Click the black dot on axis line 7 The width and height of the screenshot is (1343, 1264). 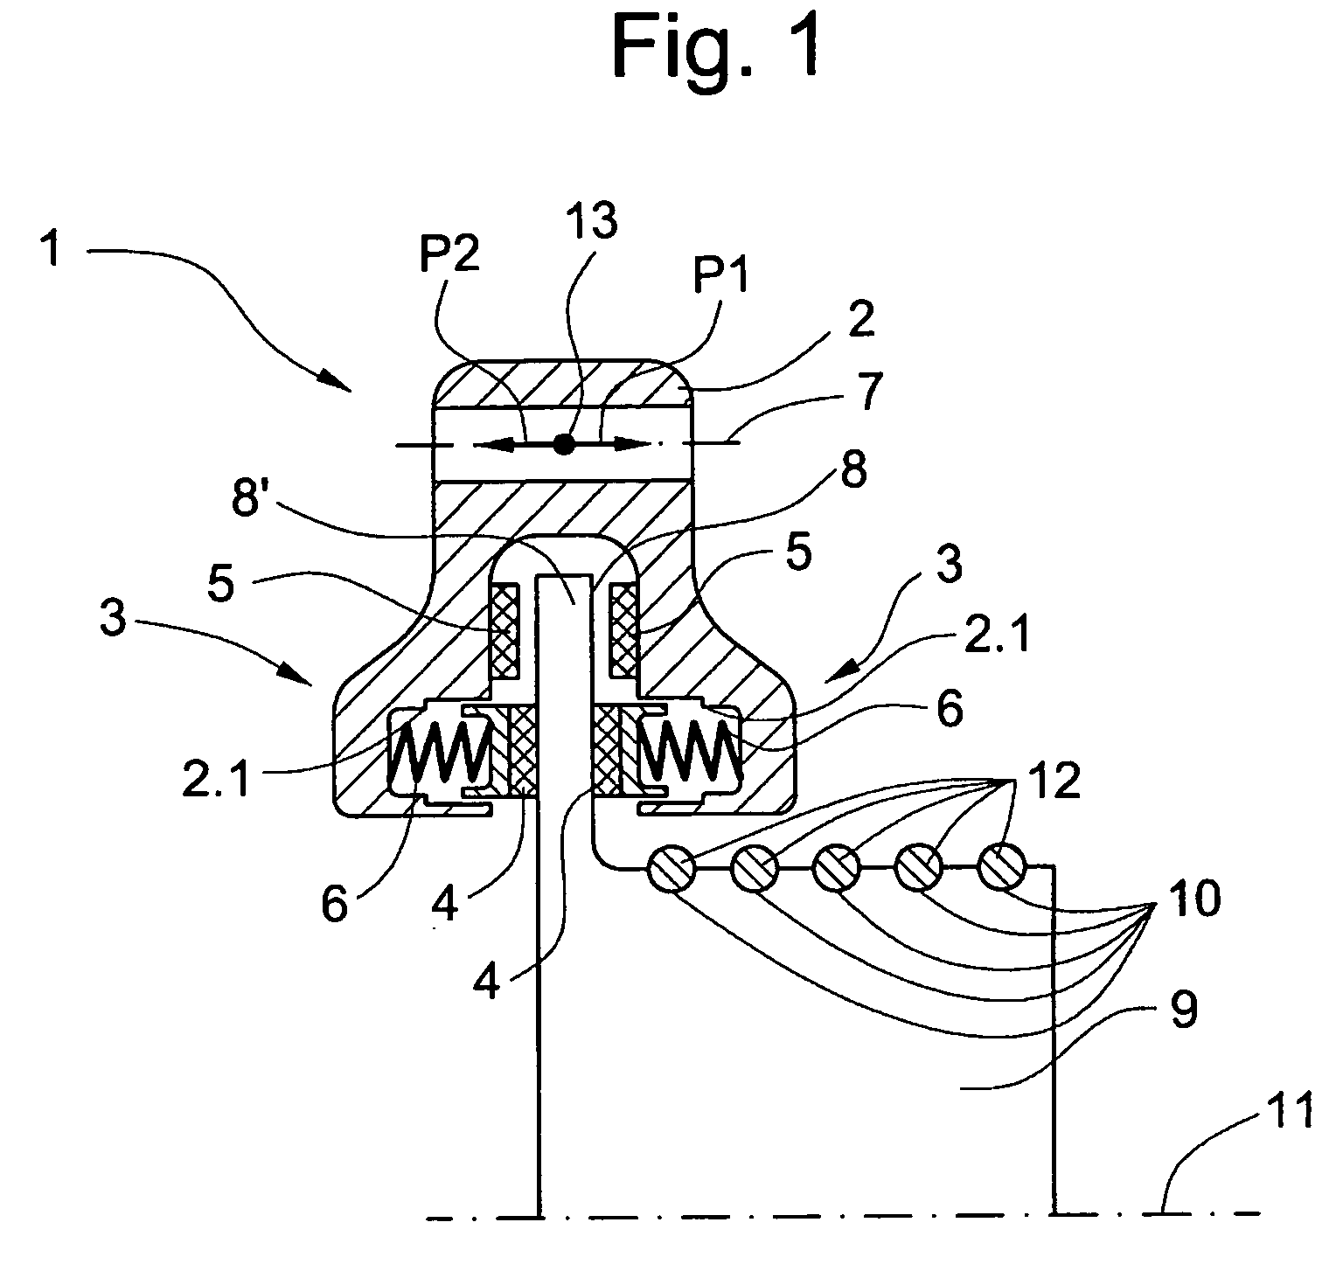tap(565, 445)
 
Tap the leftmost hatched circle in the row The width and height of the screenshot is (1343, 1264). tap(670, 870)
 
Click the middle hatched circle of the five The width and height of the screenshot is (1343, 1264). tap(837, 870)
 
